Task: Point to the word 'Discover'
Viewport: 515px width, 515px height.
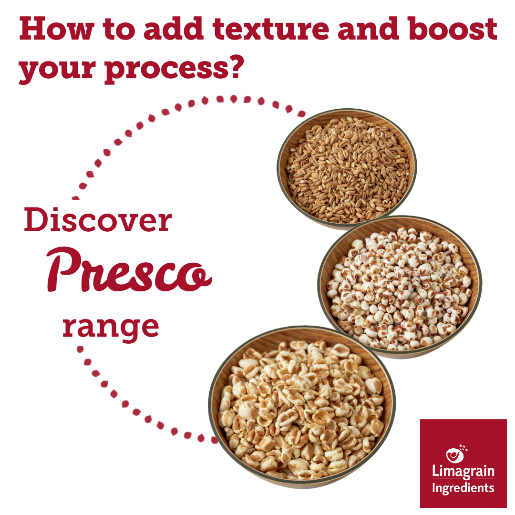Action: coord(98,221)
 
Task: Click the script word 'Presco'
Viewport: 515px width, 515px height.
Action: coord(129,269)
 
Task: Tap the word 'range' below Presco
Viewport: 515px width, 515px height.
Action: coord(111,326)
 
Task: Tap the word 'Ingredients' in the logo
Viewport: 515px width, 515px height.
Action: coord(463,488)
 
